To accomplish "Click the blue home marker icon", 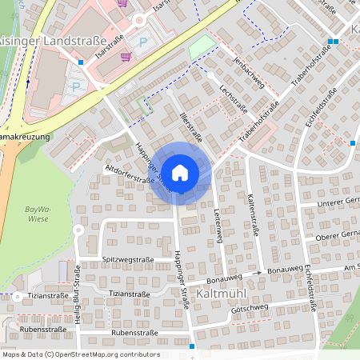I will point(180,172).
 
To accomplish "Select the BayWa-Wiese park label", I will point(31,214).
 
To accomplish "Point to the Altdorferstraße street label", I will point(130,175).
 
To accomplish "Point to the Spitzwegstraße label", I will point(128,260).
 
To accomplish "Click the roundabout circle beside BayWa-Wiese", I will point(78,230).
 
